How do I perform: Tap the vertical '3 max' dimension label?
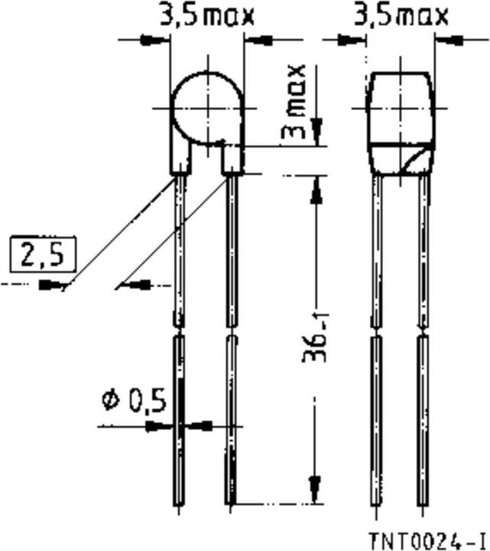coord(295,100)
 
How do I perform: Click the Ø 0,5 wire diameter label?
coord(135,399)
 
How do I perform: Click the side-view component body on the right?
coord(402,122)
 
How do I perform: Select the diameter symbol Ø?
coord(112,399)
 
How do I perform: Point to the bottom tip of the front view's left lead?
coord(178,503)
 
